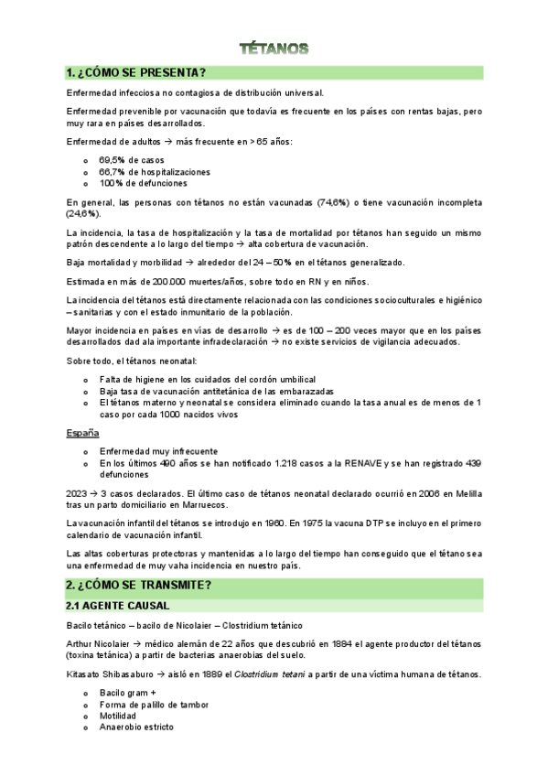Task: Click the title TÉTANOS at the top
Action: (274, 47)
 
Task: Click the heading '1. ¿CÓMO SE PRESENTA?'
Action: (135, 72)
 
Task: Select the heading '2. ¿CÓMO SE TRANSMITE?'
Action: (138, 585)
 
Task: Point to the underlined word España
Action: (83, 432)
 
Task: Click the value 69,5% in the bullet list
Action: (113, 159)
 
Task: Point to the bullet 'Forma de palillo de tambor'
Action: (155, 704)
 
